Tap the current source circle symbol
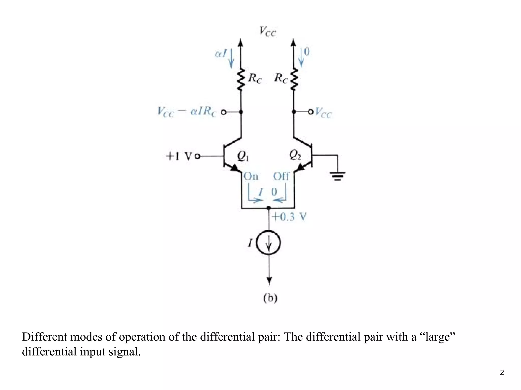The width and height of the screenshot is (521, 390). coord(269,243)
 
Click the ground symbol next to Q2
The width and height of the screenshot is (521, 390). coord(337,176)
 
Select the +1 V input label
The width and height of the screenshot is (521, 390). coord(179,156)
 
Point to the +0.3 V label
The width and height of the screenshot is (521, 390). coord(289,217)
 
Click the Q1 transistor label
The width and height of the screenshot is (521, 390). coord(243,156)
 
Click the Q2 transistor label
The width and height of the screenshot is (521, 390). coord(295,155)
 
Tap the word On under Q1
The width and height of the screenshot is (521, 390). coord(251,176)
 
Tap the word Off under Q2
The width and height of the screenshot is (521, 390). coord(281,176)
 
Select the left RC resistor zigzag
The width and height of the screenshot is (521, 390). coord(241,79)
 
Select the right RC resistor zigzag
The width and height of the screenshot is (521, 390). coord(294,79)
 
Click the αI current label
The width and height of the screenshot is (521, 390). coord(221,54)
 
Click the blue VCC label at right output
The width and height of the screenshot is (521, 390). coord(324,113)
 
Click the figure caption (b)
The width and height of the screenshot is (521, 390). coord(270,298)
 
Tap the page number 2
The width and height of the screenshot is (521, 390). coord(502,372)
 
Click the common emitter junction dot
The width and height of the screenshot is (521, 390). coord(269,208)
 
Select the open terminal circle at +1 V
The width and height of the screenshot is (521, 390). coord(197,156)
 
